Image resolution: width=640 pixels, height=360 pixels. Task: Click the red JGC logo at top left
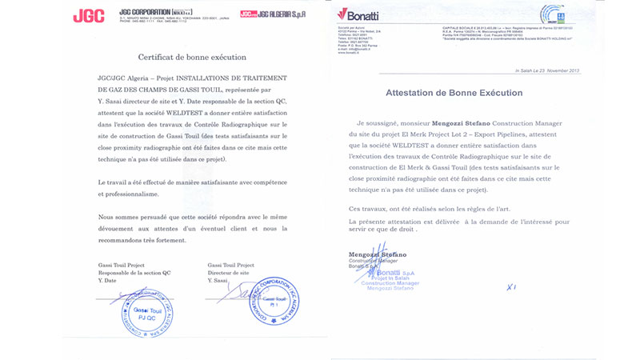[x=88, y=16]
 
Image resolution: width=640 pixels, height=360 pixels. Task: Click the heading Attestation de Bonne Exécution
[x=454, y=93]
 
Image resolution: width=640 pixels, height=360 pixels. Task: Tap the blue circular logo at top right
[x=553, y=15]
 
